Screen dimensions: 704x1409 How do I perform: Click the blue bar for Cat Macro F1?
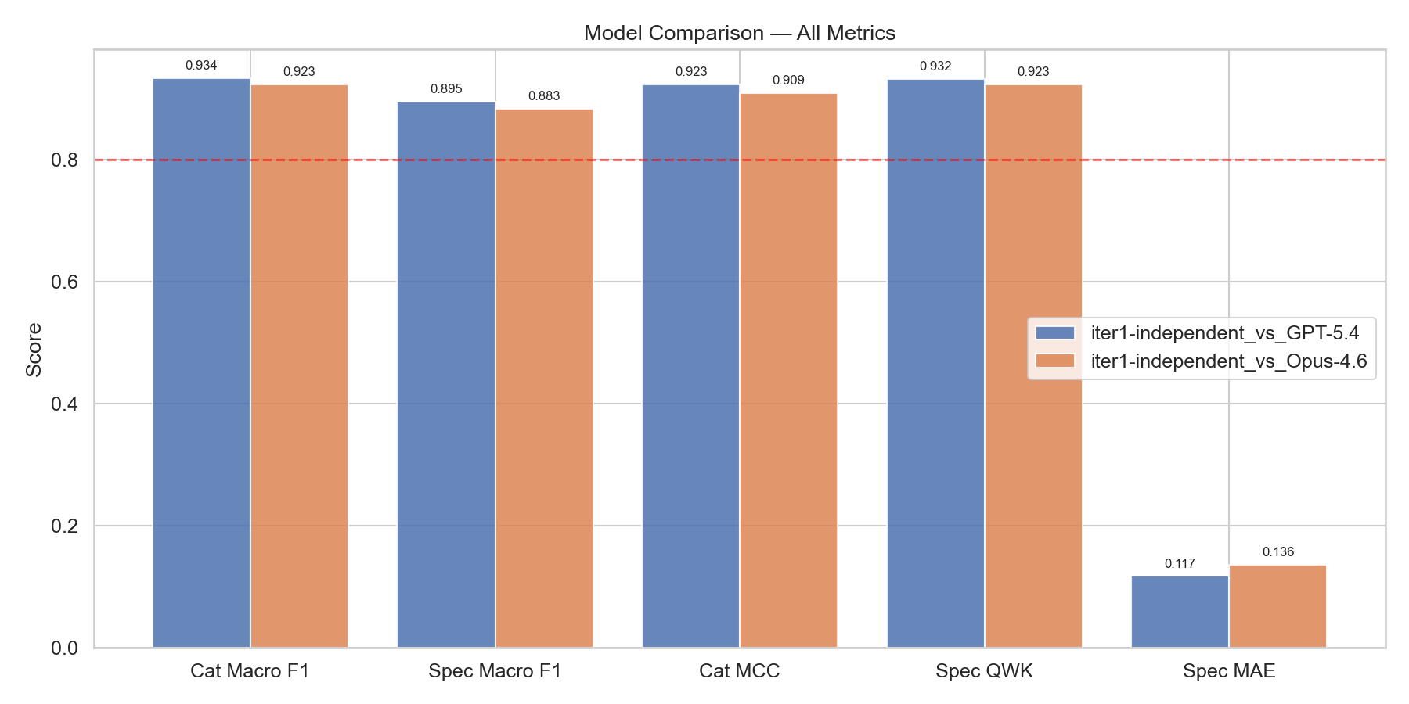[x=201, y=363]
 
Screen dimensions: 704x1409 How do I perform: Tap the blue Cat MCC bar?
[x=690, y=366]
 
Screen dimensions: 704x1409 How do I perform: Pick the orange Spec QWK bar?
[x=1033, y=366]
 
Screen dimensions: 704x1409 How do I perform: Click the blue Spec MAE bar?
[x=1180, y=612]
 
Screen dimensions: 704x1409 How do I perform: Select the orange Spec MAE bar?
[x=1277, y=606]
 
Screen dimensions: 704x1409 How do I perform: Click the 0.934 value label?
[x=201, y=66]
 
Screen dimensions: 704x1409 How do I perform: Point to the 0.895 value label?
[x=446, y=89]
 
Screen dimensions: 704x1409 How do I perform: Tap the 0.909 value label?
[x=788, y=81]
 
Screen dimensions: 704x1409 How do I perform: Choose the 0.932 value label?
[x=935, y=66]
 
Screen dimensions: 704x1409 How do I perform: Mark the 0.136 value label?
[x=1277, y=552]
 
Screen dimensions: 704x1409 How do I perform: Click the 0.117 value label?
[x=1180, y=564]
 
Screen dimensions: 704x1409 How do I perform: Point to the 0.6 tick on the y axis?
[x=65, y=282]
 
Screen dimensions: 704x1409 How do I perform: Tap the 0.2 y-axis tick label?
[x=65, y=526]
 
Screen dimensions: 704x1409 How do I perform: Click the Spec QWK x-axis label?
[x=984, y=671]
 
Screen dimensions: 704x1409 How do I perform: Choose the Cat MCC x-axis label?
[x=739, y=671]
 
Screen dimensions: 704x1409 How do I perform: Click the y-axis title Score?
[x=34, y=350]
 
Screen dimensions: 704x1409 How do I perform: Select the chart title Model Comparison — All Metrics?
[x=739, y=33]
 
